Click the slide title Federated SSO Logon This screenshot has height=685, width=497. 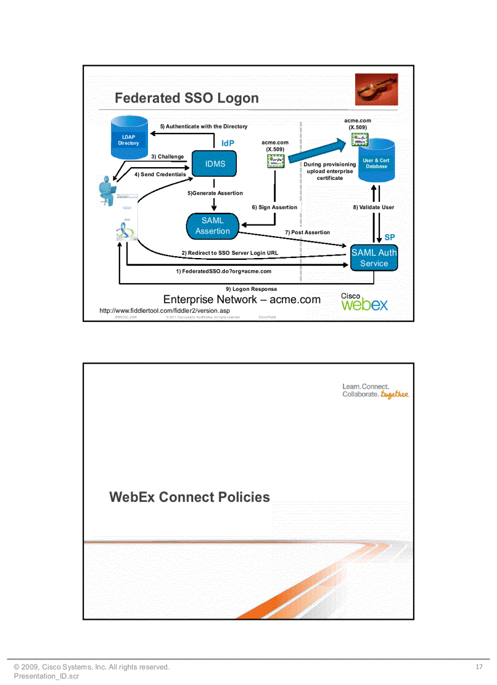(186, 98)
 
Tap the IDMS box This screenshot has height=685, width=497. (214, 164)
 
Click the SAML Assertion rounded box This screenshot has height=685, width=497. (213, 226)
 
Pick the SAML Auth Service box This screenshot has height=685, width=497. (374, 258)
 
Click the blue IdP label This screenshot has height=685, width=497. (228, 143)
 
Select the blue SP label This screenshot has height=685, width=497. (390, 237)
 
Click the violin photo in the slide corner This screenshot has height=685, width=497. (376, 90)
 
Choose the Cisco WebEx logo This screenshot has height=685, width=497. (364, 302)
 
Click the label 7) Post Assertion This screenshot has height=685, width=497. (307, 232)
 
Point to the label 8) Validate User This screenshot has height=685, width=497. (373, 207)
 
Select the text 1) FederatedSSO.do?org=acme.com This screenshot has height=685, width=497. (224, 271)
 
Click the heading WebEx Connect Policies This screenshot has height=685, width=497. (189, 497)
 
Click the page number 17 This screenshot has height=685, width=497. (479, 667)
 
